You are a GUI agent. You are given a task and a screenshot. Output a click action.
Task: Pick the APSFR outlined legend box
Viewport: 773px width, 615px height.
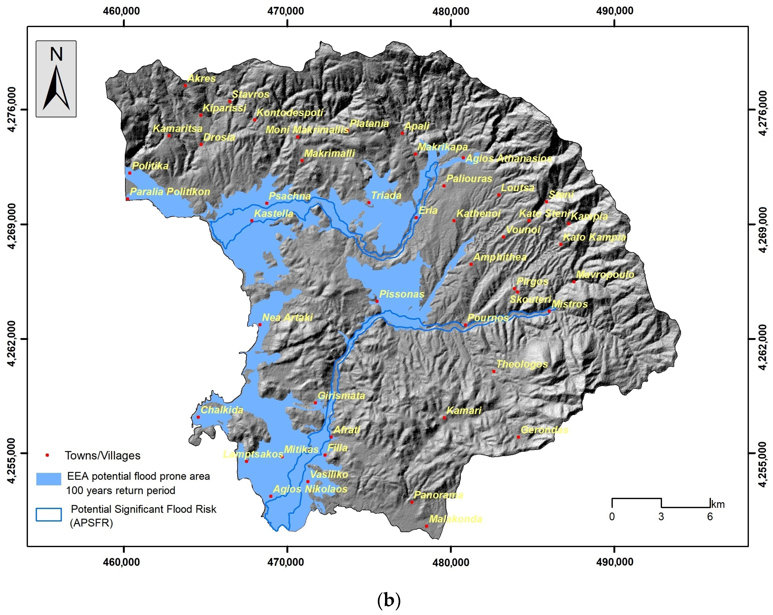coord(48,514)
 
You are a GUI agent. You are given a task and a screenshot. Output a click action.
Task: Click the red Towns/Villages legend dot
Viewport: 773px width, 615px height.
coord(47,455)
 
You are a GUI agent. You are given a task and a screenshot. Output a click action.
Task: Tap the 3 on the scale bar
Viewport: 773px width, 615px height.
coord(661,516)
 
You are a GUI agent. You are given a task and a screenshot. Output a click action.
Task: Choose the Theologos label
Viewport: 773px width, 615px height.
coord(522,364)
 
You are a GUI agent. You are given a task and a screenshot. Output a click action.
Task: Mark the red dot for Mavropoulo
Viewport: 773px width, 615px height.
coord(574,282)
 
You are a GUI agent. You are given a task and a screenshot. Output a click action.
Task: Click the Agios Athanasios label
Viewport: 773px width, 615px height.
coord(508,158)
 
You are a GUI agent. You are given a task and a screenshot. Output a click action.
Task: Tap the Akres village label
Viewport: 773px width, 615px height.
coord(202,78)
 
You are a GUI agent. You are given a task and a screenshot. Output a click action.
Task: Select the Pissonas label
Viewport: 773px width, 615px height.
coord(402,294)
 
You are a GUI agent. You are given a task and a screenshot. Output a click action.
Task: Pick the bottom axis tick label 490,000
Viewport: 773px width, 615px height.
coord(615,562)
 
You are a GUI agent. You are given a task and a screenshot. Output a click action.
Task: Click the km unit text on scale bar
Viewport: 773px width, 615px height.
coord(718,505)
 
